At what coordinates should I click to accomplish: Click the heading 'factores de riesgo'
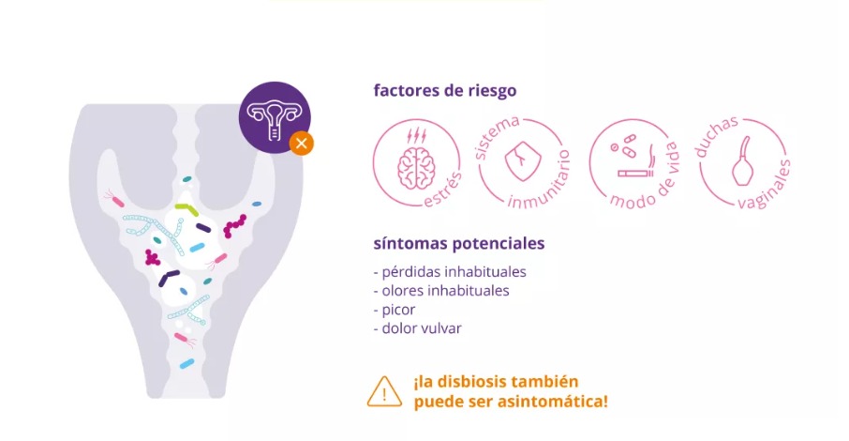(445, 91)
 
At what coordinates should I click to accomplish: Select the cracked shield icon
(523, 160)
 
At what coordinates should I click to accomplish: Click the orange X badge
(302, 144)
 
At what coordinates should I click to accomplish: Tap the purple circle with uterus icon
(275, 117)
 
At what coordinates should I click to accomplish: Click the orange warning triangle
(384, 392)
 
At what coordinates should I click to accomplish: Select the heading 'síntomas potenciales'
(459, 244)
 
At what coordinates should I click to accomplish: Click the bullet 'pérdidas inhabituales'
(450, 272)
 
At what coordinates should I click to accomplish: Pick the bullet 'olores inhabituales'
(441, 291)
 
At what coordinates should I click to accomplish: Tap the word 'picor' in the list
(398, 311)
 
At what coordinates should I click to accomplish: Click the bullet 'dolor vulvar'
(417, 328)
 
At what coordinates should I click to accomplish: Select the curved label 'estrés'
(443, 190)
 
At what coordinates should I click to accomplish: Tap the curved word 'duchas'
(716, 136)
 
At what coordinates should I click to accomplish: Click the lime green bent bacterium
(186, 208)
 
